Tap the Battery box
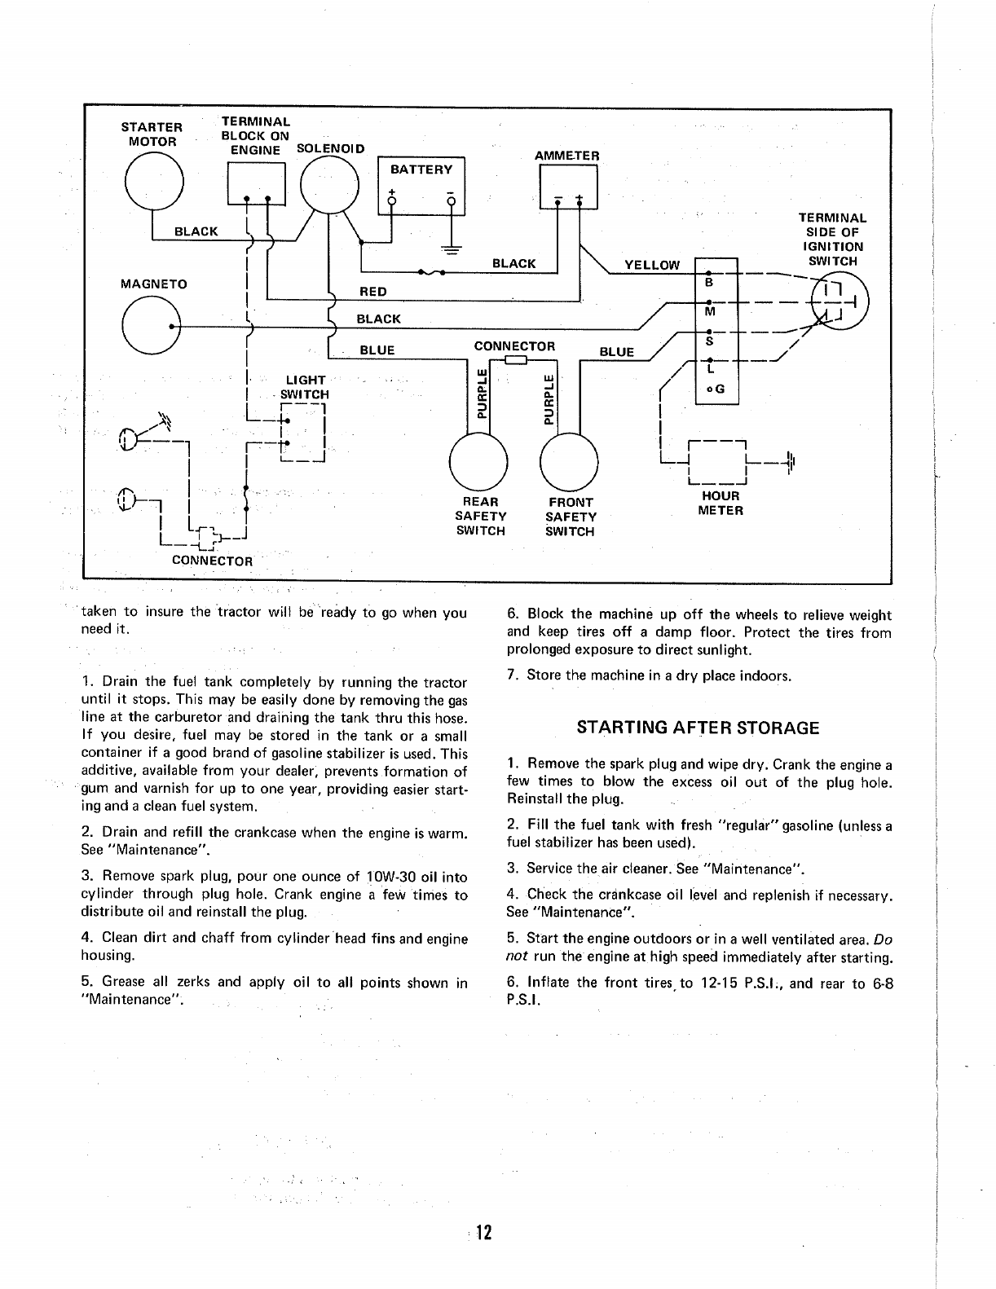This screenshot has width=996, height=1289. point(421,185)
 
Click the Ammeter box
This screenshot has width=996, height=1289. point(568,187)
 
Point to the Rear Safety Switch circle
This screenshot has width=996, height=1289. point(478,460)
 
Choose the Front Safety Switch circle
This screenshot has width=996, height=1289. point(570,460)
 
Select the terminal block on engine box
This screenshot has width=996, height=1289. point(257,184)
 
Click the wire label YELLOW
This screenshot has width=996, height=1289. point(651,265)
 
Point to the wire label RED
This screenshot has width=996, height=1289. point(373,292)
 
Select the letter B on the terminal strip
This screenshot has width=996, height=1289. point(708,283)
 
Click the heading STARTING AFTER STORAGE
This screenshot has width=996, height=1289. point(698,728)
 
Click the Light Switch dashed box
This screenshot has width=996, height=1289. point(302,433)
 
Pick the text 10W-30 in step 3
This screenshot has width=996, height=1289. point(394,877)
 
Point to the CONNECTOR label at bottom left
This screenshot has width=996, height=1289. point(212,561)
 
